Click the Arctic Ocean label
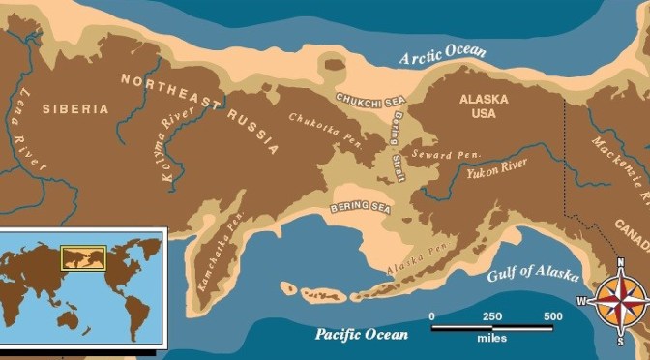[445, 54]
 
